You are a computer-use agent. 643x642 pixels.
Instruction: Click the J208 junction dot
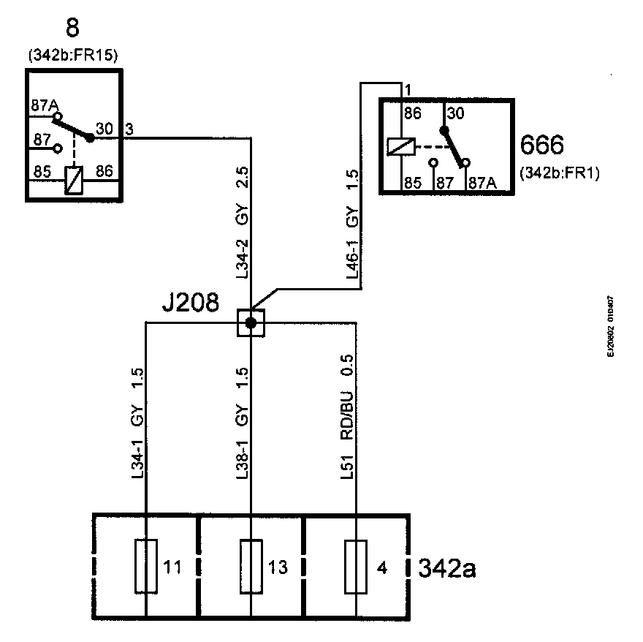pos(251,322)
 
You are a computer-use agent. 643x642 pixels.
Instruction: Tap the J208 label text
pos(190,303)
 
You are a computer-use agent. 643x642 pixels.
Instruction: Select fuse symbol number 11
pos(147,566)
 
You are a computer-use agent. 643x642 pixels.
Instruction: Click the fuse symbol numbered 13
pos(251,566)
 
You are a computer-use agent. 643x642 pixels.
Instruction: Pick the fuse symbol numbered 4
pos(356,566)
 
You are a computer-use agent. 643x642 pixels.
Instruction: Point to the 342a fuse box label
pos(446,568)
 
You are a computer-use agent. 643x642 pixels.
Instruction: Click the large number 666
pos(541,146)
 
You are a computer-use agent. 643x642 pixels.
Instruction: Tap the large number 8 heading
pos(72,29)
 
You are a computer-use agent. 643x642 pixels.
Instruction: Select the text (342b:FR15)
pos(74,55)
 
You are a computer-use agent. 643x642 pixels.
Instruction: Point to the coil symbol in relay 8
pos(75,179)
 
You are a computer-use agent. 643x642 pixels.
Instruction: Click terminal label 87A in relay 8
pos(43,105)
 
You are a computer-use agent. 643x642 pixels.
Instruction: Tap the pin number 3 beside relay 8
pos(129,129)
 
